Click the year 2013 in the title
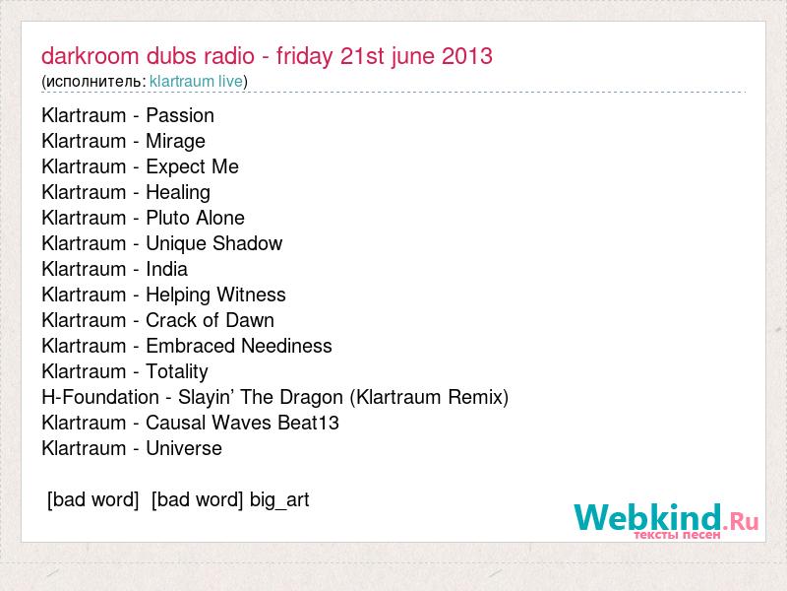[466, 56]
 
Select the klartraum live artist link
[196, 81]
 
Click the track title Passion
[180, 116]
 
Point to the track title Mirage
[176, 142]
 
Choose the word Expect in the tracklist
[176, 167]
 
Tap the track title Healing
[178, 193]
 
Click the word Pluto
[167, 218]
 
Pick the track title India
[166, 269]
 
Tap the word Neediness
[286, 347]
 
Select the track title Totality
[177, 372]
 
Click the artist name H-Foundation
[100, 398]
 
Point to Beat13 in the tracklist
[309, 424]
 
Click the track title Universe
[184, 449]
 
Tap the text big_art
[279, 500]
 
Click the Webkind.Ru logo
[666, 521]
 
